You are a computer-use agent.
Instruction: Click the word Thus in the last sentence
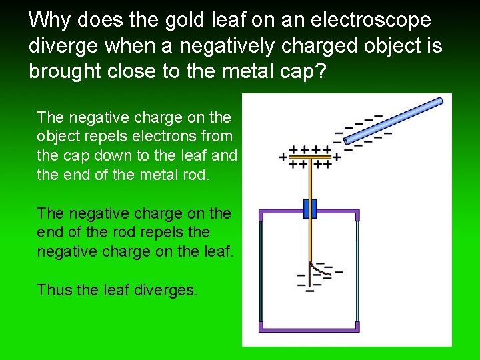[54, 290]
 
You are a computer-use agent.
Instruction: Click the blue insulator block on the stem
[309, 209]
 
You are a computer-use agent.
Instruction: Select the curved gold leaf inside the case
[321, 269]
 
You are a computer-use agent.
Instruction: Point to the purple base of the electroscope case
[309, 327]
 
